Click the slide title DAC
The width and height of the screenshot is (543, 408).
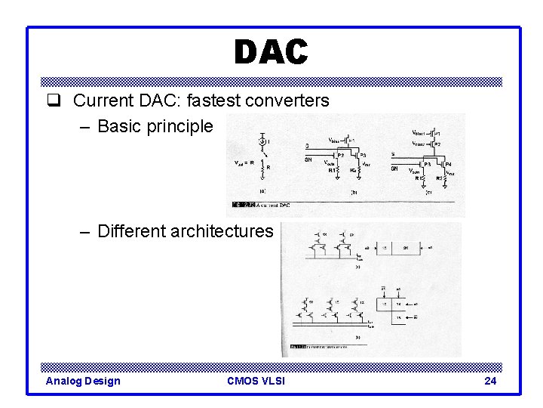(271, 52)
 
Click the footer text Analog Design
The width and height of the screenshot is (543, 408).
(83, 381)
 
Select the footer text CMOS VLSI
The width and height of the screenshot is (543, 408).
(256, 381)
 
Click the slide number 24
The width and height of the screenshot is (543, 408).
(490, 381)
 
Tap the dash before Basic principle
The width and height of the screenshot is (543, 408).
(85, 125)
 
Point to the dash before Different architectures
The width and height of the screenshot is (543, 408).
(85, 230)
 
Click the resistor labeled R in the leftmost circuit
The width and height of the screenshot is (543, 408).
(262, 167)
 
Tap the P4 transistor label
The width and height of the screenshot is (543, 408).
(448, 163)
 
